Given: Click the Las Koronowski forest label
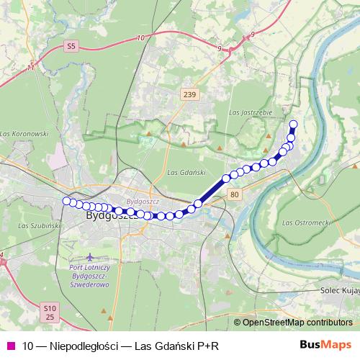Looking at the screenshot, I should [24, 134].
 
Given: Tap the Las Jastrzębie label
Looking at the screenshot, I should [248, 112].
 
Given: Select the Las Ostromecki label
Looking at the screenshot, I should [306, 222].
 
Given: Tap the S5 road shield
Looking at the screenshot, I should [70, 46].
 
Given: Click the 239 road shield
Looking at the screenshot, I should [189, 94].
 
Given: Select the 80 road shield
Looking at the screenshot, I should [235, 194].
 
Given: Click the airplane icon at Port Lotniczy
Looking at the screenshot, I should [90, 257].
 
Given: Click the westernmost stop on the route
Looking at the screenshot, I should [66, 201].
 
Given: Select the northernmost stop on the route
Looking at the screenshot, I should [293, 124].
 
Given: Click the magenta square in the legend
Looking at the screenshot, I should [10, 346].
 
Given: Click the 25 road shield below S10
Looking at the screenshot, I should [49, 317].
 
